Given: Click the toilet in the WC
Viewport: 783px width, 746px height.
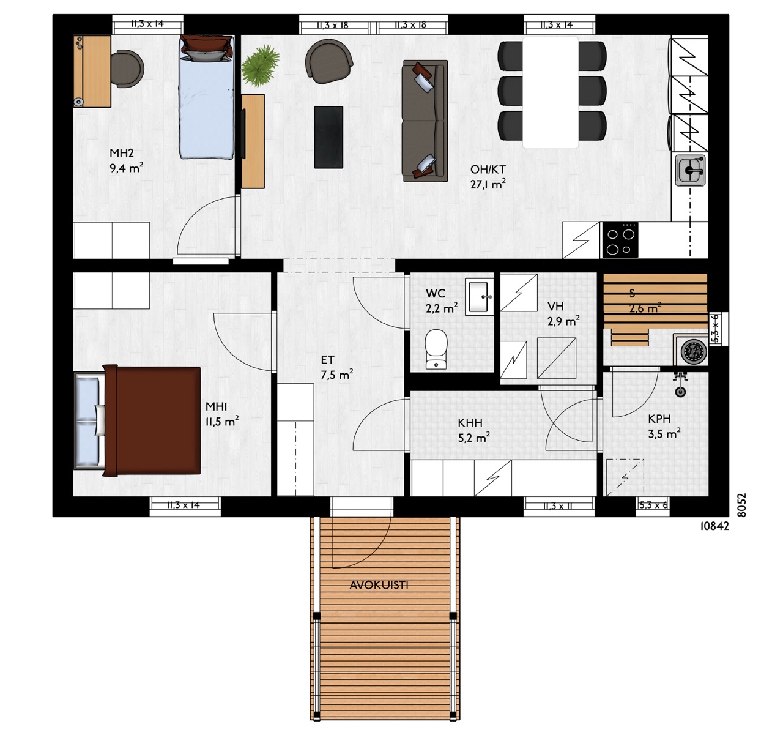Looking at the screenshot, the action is (x=436, y=349).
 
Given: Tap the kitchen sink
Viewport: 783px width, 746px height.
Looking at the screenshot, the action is (x=690, y=171).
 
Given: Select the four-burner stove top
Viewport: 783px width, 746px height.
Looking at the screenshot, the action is (x=620, y=239).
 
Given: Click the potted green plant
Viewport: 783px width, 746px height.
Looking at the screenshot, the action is (x=260, y=65).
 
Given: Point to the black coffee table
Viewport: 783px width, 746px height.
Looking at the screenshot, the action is (x=328, y=137).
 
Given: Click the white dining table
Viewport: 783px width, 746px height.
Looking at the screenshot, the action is (x=551, y=92).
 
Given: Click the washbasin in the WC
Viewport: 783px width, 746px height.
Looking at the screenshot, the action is (x=480, y=297).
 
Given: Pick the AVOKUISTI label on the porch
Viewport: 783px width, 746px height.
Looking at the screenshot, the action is (x=379, y=585).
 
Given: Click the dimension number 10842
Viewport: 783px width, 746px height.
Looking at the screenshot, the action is (x=715, y=526).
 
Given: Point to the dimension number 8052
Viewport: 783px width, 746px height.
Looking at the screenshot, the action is (x=741, y=505).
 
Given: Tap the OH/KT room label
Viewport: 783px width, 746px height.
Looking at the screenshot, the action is (x=488, y=170).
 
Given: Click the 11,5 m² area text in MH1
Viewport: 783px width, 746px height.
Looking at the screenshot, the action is (x=222, y=422).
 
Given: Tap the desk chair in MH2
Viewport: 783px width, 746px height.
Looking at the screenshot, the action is (x=127, y=68).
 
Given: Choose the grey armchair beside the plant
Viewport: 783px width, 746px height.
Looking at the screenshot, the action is (x=328, y=61).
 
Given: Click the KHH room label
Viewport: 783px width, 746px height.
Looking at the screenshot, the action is (x=470, y=422).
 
